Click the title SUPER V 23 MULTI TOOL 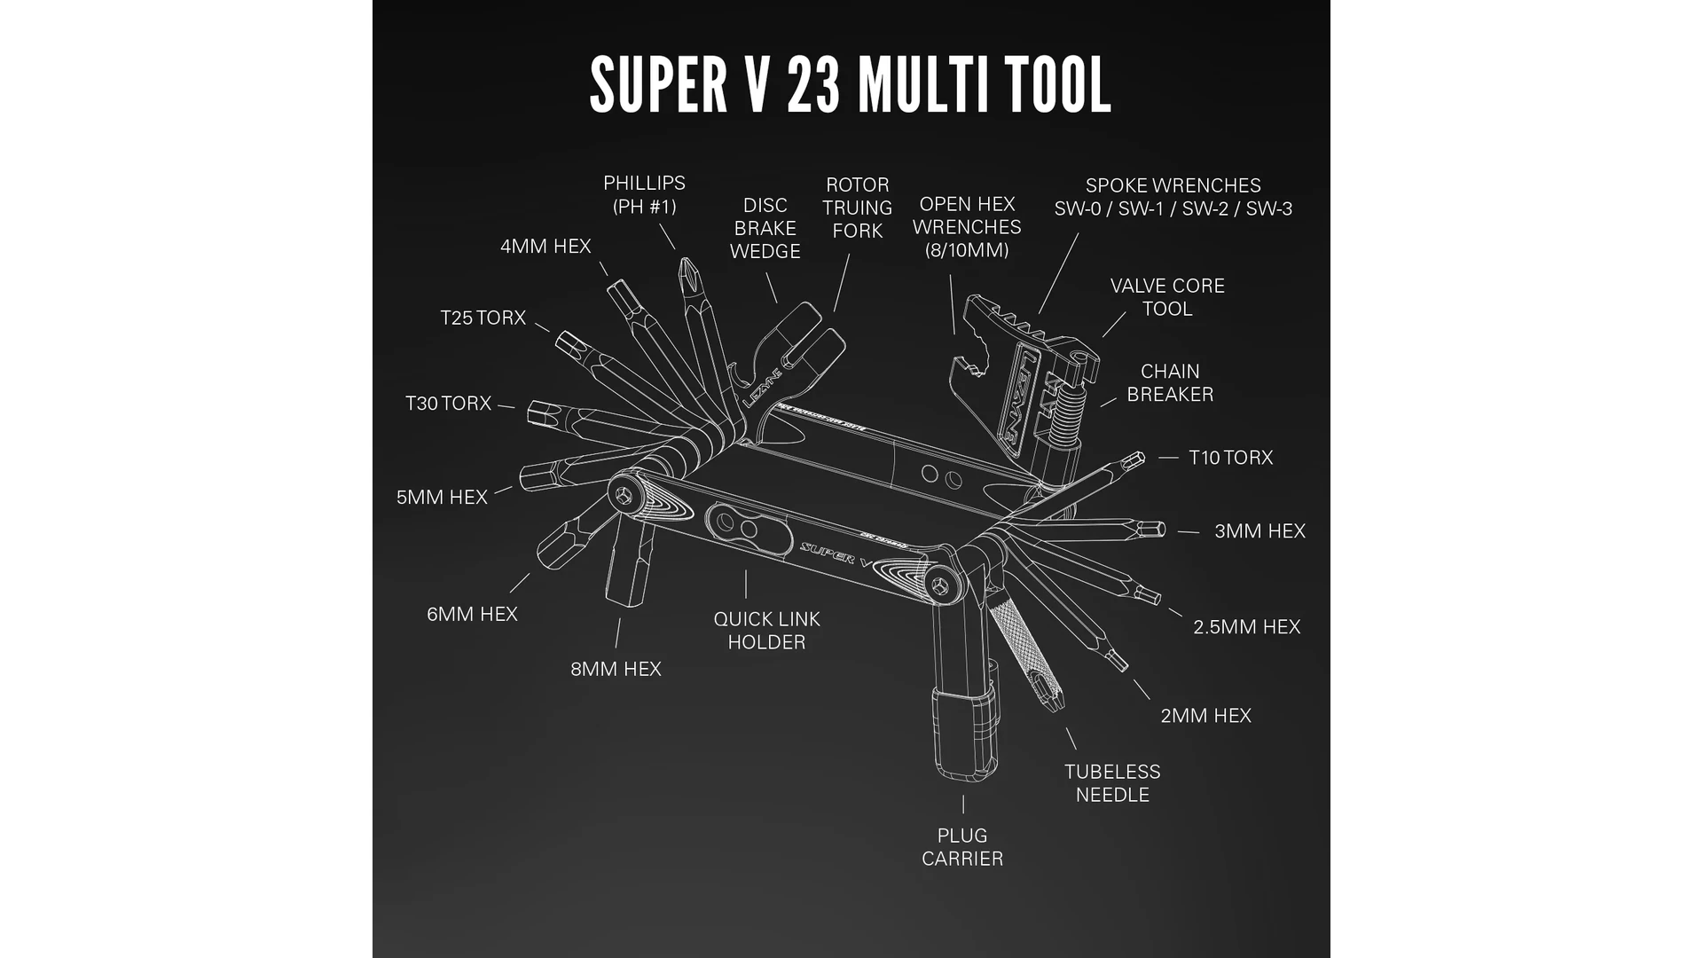[x=850, y=84]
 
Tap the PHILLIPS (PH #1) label [x=644, y=195]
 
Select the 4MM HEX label [x=545, y=247]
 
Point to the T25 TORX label [x=483, y=318]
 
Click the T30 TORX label [x=448, y=404]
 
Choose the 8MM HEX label [x=616, y=669]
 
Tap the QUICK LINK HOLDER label [x=766, y=631]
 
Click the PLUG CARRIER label [x=962, y=847]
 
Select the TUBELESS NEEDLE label [x=1112, y=783]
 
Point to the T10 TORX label [x=1230, y=458]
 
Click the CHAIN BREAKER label [x=1170, y=383]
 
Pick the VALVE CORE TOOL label [x=1167, y=297]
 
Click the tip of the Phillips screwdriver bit [x=684, y=264]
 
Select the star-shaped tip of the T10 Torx [x=1134, y=459]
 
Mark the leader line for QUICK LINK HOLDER [x=746, y=584]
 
